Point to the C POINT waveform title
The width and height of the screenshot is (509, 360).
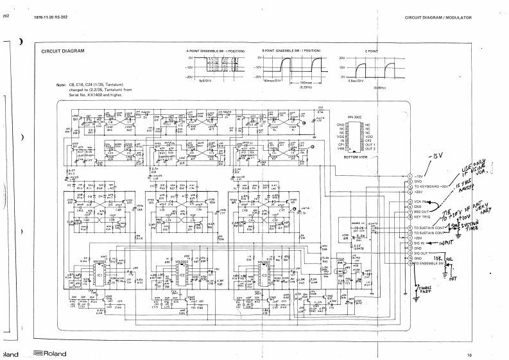371,50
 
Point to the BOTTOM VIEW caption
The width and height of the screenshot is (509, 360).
356,157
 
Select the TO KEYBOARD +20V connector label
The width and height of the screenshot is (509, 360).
431,186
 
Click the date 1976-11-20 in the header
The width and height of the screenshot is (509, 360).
44,17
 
